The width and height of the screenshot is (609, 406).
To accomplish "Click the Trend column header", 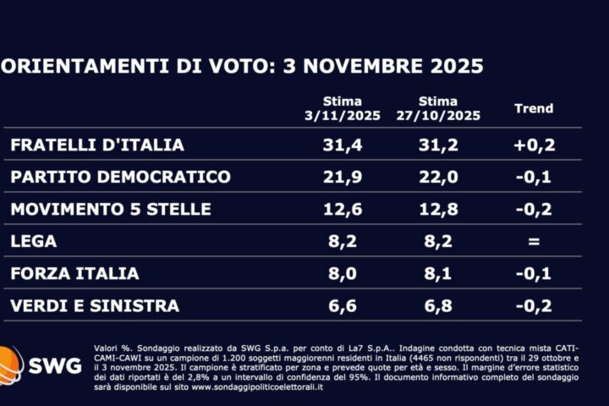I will tap(534, 108).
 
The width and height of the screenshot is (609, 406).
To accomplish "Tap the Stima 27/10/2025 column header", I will tap(440, 108).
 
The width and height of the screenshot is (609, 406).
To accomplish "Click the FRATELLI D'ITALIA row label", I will tap(97, 145).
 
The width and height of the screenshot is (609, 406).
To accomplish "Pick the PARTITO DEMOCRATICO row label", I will tap(120, 177).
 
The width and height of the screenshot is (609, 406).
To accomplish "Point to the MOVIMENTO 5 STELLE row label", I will tap(111, 209).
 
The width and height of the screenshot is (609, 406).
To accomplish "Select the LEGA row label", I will tap(34, 241).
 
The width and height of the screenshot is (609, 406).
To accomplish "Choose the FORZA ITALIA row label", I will tap(74, 273).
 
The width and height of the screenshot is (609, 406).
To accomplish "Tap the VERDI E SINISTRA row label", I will tap(94, 305).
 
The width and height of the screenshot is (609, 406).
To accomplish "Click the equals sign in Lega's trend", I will tap(534, 241).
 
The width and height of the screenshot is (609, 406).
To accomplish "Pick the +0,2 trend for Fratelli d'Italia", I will tap(534, 145).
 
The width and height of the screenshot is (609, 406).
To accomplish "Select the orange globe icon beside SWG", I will tap(10, 366).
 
